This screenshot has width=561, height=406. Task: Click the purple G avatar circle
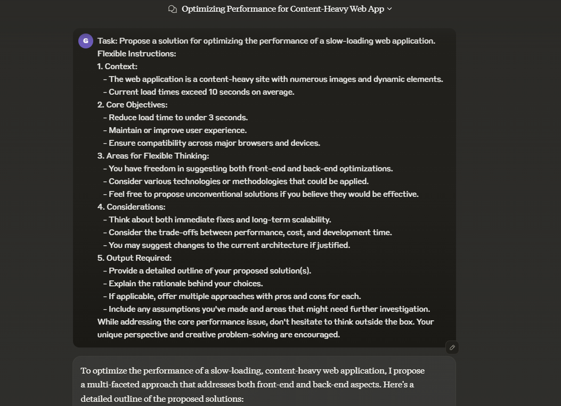point(86,41)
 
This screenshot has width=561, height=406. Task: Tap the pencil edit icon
point(452,347)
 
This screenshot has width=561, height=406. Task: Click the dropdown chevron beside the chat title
point(389,9)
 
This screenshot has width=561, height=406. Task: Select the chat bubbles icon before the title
point(172,9)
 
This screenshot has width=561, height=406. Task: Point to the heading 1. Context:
point(117,67)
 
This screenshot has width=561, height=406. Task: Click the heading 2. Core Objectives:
point(132,105)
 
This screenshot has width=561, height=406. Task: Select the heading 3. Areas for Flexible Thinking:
point(153,156)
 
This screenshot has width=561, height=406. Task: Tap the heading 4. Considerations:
point(131,207)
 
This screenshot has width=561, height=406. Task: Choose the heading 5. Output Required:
point(134,258)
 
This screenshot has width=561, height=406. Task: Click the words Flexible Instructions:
point(136,54)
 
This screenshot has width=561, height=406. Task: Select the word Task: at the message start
point(108,41)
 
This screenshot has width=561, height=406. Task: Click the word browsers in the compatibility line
point(252,143)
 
